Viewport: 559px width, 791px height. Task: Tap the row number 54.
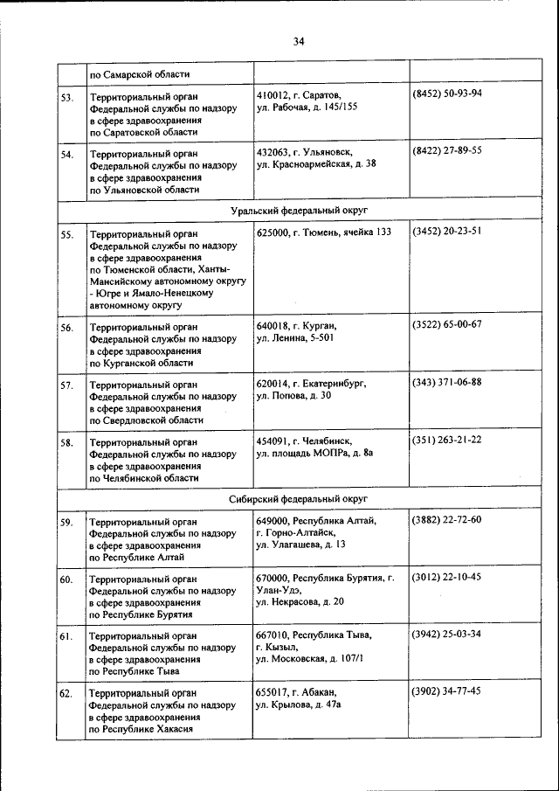pyautogui.click(x=66, y=155)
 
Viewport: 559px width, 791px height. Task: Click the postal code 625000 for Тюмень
pyautogui.click(x=272, y=232)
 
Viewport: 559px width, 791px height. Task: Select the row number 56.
pyautogui.click(x=66, y=329)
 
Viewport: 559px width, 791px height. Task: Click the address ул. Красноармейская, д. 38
pyautogui.click(x=316, y=163)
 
